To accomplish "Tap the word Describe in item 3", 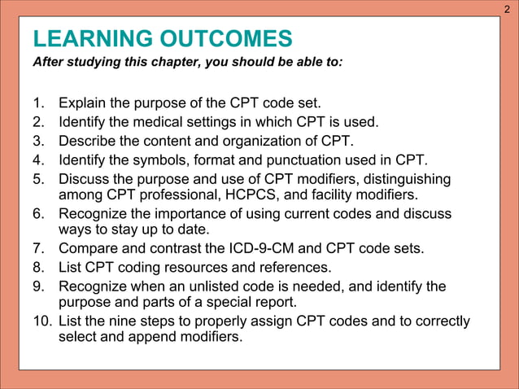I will [88, 140].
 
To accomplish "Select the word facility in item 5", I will [369, 195].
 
